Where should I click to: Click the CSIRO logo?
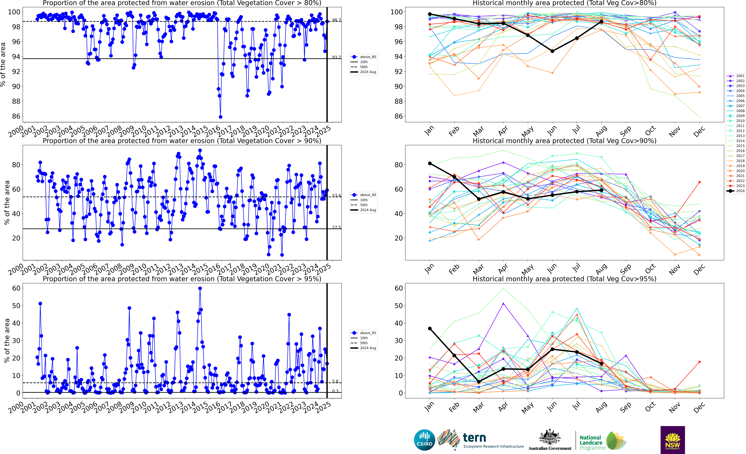[424, 440]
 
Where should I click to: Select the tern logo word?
[474, 438]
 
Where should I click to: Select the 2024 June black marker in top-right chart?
[552, 51]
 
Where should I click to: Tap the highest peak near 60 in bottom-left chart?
[200, 288]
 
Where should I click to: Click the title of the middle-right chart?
[564, 141]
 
